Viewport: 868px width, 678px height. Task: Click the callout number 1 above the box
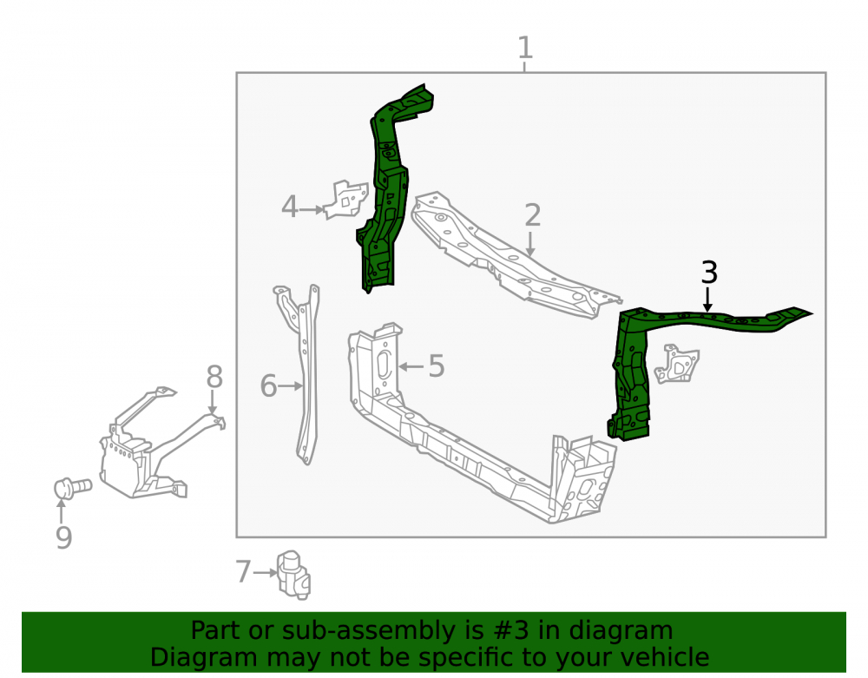click(x=525, y=48)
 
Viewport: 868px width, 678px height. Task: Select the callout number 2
click(x=532, y=214)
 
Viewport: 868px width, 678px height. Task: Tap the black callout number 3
click(x=709, y=273)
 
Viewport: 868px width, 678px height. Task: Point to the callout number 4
click(x=290, y=207)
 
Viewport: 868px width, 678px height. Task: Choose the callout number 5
click(x=437, y=365)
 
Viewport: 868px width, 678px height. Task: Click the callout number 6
click(x=268, y=385)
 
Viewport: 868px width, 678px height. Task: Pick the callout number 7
click(x=243, y=572)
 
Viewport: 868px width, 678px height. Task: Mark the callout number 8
click(x=214, y=377)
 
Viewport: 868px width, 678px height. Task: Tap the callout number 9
click(x=63, y=537)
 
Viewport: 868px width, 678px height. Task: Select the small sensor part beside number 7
click(x=294, y=575)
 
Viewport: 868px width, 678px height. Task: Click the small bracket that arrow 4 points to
click(x=346, y=200)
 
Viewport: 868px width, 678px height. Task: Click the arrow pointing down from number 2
click(x=530, y=245)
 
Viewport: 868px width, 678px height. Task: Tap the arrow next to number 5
click(x=411, y=366)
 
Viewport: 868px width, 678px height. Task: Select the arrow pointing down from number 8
click(x=212, y=402)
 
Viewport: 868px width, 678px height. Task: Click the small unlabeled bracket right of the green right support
click(x=676, y=364)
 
